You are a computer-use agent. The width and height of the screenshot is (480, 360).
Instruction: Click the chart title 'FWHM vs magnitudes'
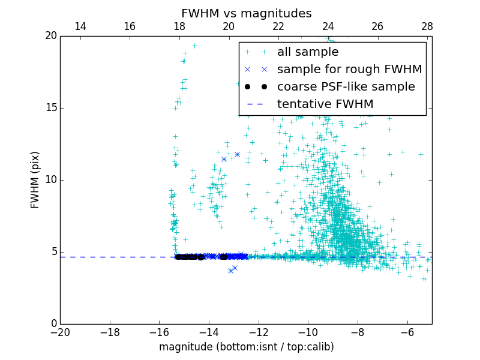[x=246, y=13]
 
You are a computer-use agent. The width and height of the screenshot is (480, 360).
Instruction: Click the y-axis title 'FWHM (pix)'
[x=35, y=180]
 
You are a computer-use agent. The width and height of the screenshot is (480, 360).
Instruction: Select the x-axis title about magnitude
[x=246, y=347]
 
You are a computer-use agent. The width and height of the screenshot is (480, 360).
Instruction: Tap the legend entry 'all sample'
[x=307, y=52]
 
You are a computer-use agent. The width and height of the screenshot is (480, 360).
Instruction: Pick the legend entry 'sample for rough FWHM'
[x=349, y=70]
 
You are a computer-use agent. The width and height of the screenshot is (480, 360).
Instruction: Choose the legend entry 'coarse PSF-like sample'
[x=346, y=87]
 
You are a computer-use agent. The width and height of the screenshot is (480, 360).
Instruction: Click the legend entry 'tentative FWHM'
[x=325, y=104]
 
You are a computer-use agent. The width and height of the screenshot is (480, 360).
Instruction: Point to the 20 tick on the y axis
[x=50, y=36]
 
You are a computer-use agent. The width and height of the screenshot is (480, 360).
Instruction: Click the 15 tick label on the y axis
[x=50, y=108]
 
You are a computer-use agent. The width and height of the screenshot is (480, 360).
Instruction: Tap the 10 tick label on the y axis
[x=50, y=180]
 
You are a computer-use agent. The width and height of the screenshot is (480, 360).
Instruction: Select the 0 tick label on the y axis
[x=53, y=324]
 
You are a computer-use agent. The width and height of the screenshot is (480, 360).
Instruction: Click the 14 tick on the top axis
[x=80, y=26]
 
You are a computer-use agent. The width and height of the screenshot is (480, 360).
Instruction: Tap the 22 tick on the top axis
[x=278, y=26]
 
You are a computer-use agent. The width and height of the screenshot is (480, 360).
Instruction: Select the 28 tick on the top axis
[x=427, y=26]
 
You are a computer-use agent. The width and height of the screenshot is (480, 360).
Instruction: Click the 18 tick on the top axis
[x=179, y=26]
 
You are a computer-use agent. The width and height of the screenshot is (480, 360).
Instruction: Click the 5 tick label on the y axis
[x=53, y=252]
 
